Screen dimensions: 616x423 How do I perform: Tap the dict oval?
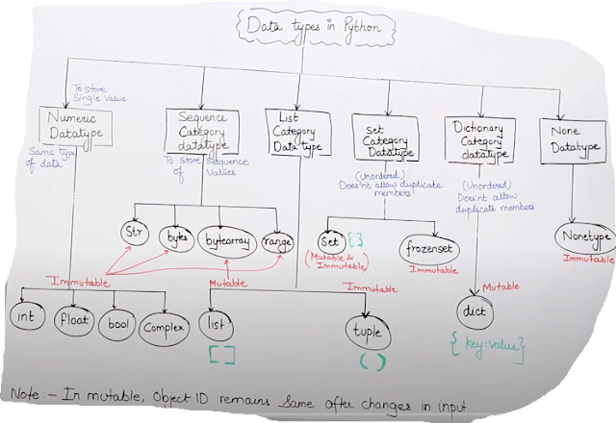(478, 312)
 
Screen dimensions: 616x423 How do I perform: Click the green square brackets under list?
(223, 354)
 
